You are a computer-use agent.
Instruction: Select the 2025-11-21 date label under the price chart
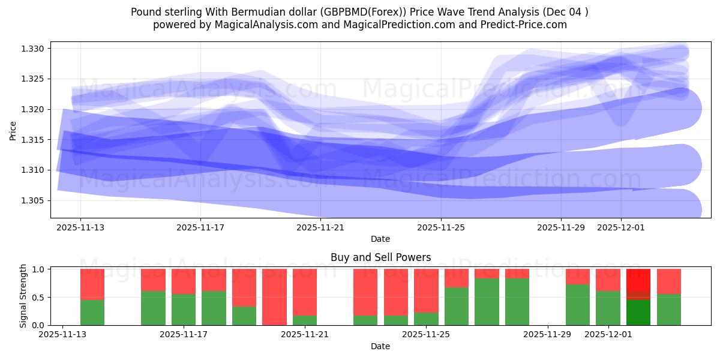click(320, 227)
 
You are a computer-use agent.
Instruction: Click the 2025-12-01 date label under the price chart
click(620, 227)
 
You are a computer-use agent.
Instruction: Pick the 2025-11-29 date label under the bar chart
click(548, 335)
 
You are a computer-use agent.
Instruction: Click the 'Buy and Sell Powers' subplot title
click(380, 257)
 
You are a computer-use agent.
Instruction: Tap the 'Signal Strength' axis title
click(22, 296)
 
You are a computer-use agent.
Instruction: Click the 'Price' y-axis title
click(13, 130)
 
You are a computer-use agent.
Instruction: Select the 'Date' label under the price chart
click(380, 239)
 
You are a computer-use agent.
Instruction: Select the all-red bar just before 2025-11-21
click(274, 297)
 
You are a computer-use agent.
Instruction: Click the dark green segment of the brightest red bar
click(638, 312)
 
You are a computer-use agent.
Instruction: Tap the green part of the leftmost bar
click(92, 313)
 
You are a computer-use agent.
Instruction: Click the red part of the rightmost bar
click(668, 281)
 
